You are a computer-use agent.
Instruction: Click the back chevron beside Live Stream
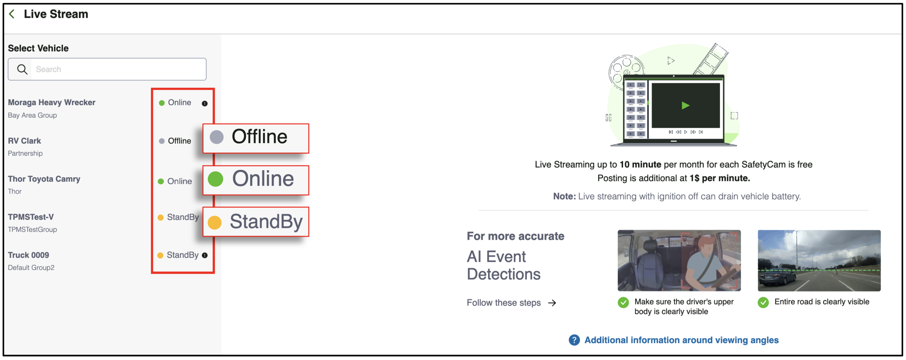pyautogui.click(x=11, y=14)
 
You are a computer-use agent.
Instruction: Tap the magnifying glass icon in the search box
pyautogui.click(x=22, y=69)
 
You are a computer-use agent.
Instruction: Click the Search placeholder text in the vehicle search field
pyautogui.click(x=48, y=69)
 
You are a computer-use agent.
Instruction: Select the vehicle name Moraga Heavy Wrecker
pyautogui.click(x=52, y=102)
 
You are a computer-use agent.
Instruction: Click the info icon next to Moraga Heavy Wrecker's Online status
pyautogui.click(x=205, y=103)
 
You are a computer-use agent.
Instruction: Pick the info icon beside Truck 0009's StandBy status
pyautogui.click(x=205, y=255)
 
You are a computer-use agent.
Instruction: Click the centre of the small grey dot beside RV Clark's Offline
pyautogui.click(x=162, y=141)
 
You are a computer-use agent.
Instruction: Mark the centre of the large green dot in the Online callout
pyautogui.click(x=215, y=179)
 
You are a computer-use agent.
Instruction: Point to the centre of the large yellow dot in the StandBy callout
pyautogui.click(x=215, y=222)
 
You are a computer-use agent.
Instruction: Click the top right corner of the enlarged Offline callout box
pyautogui.click(x=309, y=124)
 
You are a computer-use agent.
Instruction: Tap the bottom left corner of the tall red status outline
pyautogui.click(x=152, y=273)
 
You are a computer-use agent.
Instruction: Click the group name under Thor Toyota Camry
pyautogui.click(x=15, y=191)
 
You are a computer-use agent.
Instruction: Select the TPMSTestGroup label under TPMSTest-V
pyautogui.click(x=32, y=229)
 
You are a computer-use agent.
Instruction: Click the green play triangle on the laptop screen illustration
pyautogui.click(x=686, y=106)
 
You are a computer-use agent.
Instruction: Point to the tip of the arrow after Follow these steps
pyautogui.click(x=556, y=303)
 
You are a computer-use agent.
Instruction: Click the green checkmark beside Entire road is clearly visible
pyautogui.click(x=763, y=302)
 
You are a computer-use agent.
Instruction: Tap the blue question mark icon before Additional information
pyautogui.click(x=574, y=340)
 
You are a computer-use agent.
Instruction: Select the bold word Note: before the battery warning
pyautogui.click(x=564, y=196)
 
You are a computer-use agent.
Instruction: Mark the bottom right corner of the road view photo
pyautogui.click(x=881, y=291)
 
